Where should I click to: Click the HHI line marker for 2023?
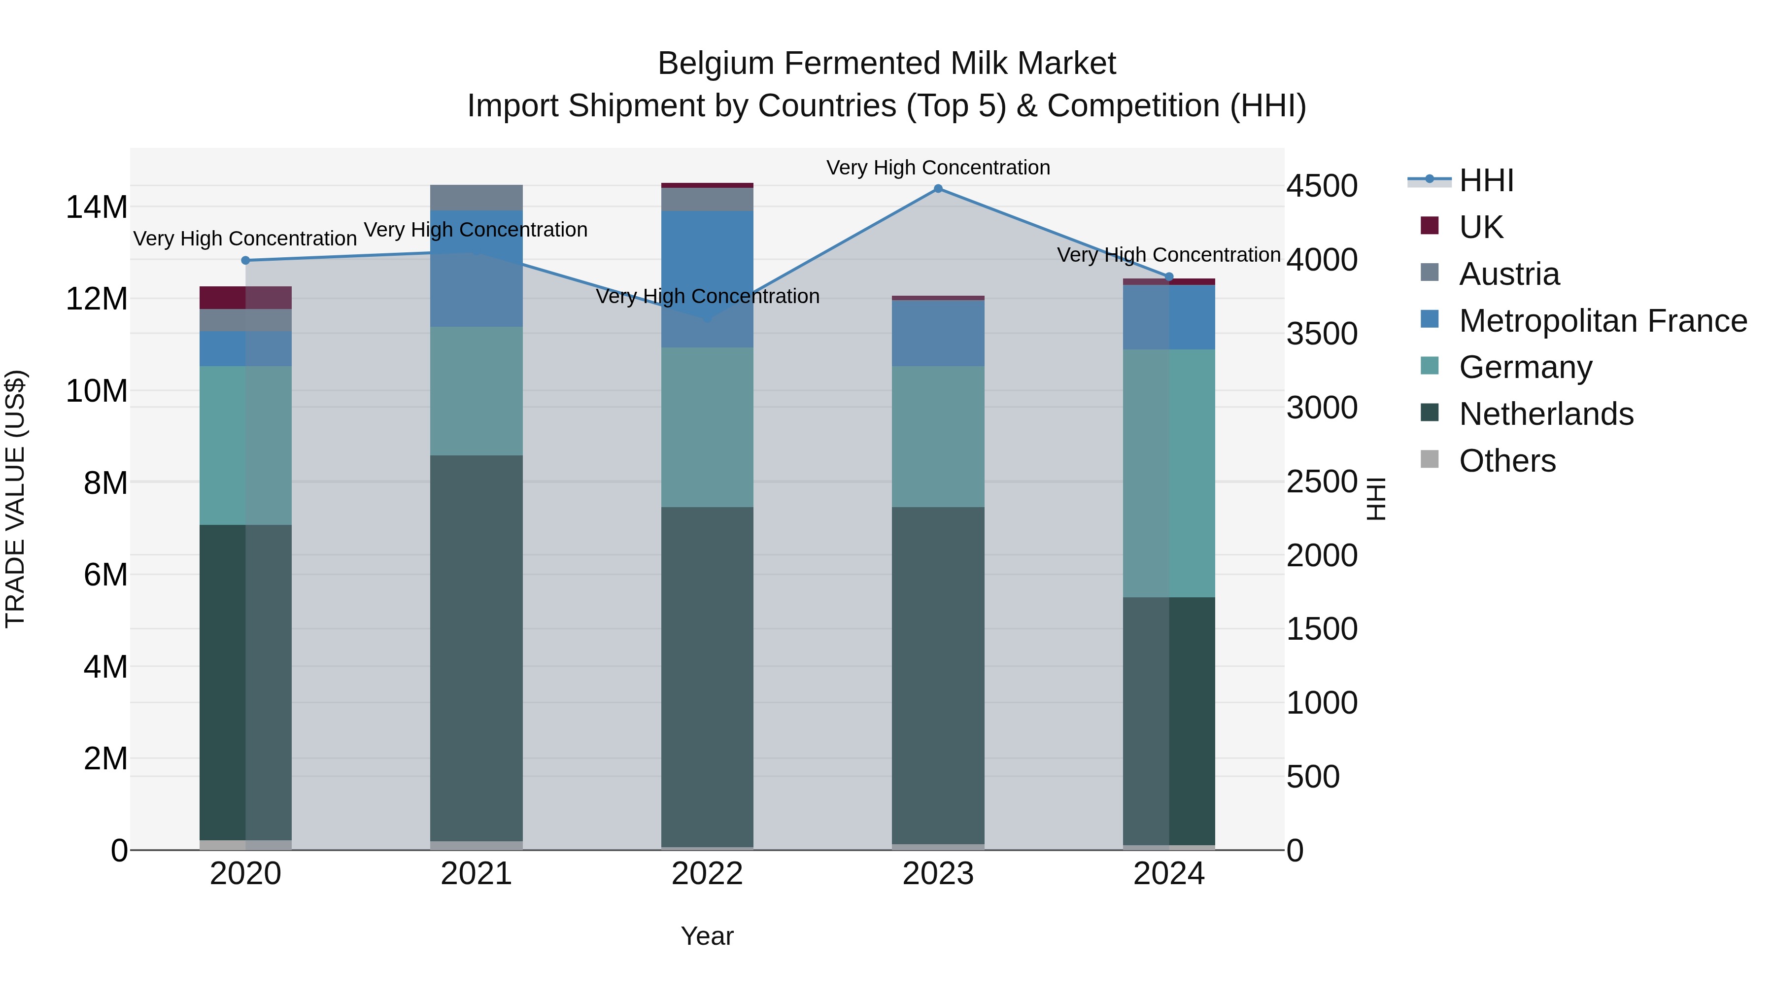tap(938, 189)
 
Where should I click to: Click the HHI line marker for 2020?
tap(246, 260)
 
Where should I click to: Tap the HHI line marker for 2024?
tap(1169, 277)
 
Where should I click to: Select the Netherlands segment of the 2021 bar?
tap(477, 648)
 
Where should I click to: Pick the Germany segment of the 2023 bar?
tap(938, 437)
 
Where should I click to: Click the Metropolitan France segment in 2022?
tap(707, 279)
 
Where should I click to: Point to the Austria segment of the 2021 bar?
tap(477, 198)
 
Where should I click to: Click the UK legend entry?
tap(1481, 227)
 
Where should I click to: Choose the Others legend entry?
tap(1507, 460)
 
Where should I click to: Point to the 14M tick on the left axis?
tap(97, 206)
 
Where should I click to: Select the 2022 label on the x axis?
tap(707, 874)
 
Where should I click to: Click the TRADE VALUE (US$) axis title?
tap(15, 499)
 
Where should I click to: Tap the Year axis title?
tap(707, 936)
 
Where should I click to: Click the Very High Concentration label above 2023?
tap(938, 168)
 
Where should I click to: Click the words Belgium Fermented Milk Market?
tap(887, 64)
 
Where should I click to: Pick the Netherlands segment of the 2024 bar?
tap(1169, 721)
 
